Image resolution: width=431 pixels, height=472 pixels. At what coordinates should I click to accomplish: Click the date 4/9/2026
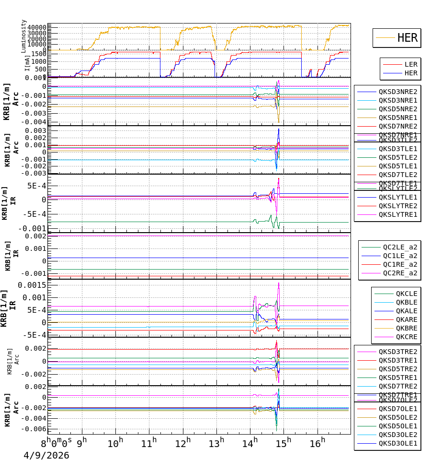46,455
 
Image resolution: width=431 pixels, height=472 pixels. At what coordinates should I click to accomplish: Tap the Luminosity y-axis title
24,36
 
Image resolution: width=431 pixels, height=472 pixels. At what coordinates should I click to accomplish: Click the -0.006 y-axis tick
32,429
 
